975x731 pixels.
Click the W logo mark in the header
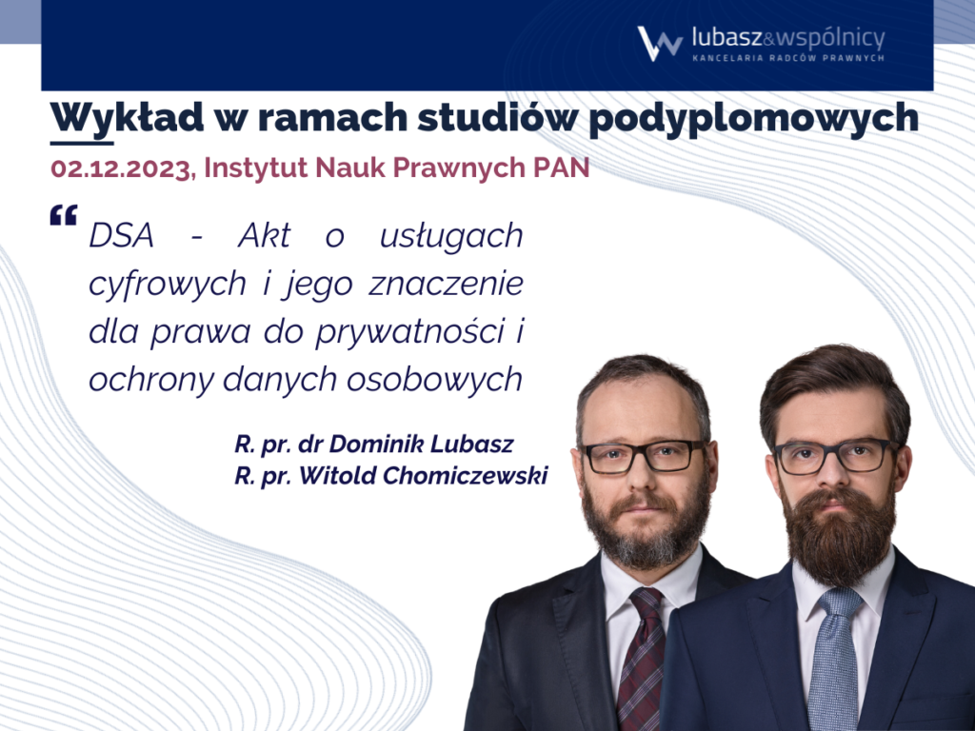pyautogui.click(x=659, y=44)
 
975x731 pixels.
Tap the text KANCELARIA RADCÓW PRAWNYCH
pyautogui.click(x=788, y=58)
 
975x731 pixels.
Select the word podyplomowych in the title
pyautogui.click(x=754, y=119)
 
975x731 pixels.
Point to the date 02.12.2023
pyautogui.click(x=121, y=169)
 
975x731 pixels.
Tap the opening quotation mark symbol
pyautogui.click(x=64, y=215)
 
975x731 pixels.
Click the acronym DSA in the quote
pyautogui.click(x=121, y=236)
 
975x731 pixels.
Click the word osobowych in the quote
pyautogui.click(x=434, y=379)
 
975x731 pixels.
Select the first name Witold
pyautogui.click(x=337, y=476)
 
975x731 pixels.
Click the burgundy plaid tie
pyautogui.click(x=642, y=659)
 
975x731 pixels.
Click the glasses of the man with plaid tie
pyautogui.click(x=645, y=456)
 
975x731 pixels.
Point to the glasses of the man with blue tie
pyautogui.click(x=836, y=455)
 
